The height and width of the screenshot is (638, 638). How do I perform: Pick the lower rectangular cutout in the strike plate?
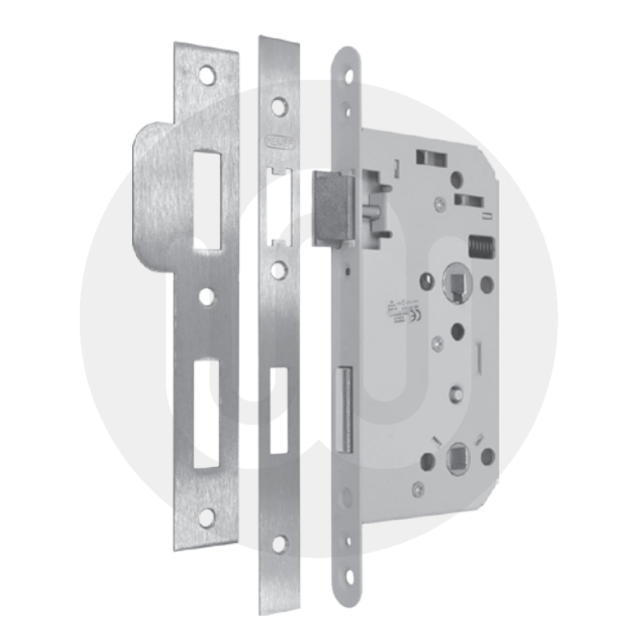click(208, 410)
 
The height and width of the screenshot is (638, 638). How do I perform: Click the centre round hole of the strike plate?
click(205, 296)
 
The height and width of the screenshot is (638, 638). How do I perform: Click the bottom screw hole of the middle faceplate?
click(279, 544)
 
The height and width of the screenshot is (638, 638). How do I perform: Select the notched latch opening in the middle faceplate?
click(280, 206)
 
